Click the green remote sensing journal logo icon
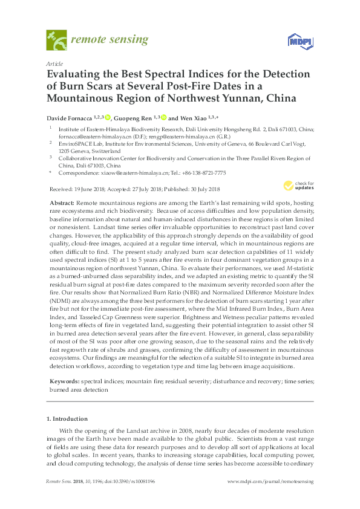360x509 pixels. (x=56, y=41)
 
